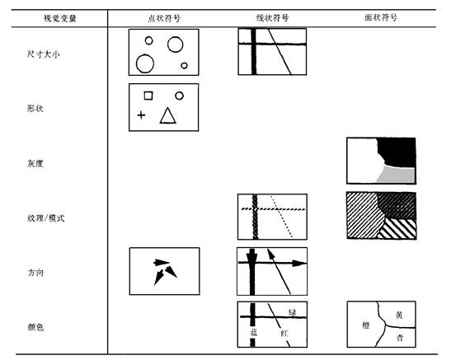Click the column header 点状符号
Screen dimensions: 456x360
point(164,18)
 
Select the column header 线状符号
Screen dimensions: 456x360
point(272,18)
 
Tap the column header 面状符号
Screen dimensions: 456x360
point(381,18)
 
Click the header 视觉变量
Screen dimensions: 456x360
point(60,18)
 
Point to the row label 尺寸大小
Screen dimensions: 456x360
point(44,54)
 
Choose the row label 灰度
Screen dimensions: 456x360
point(35,163)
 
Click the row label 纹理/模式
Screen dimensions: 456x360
point(46,218)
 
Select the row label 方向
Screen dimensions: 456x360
point(35,273)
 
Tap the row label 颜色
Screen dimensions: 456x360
point(35,327)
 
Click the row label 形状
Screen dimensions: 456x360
point(35,109)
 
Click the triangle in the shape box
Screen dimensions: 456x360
point(167,116)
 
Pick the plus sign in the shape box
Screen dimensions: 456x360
point(141,115)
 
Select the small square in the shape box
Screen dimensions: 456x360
point(148,96)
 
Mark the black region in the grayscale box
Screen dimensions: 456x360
point(397,151)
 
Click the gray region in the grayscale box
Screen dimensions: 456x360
point(397,175)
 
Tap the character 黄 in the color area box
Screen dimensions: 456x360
point(399,315)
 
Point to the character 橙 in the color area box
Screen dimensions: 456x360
point(366,325)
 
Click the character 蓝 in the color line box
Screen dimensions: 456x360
point(254,332)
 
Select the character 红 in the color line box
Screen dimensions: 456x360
point(284,333)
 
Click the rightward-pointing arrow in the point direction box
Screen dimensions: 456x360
point(161,263)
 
